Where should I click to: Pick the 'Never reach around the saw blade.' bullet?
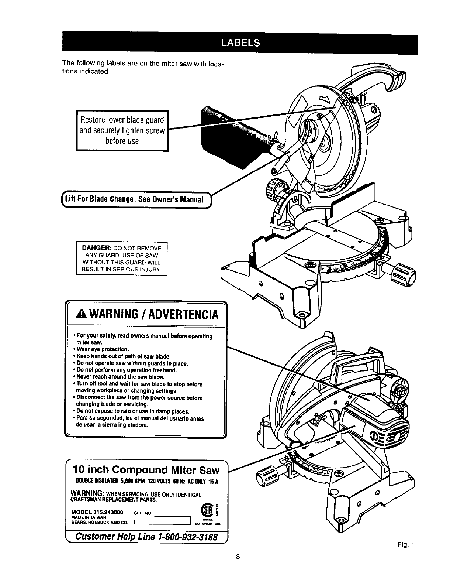[x=114, y=377]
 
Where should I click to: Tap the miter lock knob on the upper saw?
[x=404, y=273]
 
